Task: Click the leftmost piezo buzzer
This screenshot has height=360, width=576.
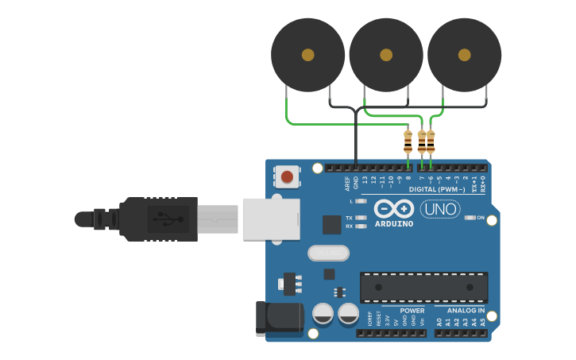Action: click(x=307, y=55)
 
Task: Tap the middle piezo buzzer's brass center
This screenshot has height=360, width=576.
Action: click(x=386, y=55)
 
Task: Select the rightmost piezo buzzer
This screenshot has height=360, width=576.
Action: click(x=464, y=55)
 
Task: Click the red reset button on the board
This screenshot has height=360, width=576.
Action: click(x=287, y=176)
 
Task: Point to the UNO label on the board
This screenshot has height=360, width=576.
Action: click(x=440, y=209)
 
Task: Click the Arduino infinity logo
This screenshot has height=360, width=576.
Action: click(x=394, y=209)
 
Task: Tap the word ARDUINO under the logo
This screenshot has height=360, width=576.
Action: click(x=394, y=224)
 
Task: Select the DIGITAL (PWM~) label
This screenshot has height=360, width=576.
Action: click(x=437, y=189)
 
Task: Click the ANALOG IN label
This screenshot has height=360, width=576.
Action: click(x=466, y=310)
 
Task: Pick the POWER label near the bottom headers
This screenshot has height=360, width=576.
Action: click(x=412, y=310)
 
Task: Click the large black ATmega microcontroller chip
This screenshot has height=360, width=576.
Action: click(x=423, y=287)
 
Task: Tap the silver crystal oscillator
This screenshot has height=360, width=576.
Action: click(x=328, y=253)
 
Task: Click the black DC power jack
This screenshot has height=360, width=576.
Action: click(x=279, y=319)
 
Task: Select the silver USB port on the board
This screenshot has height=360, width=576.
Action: click(x=271, y=219)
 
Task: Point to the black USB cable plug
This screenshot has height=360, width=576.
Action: click(x=158, y=219)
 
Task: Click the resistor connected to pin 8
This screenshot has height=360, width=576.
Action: click(x=408, y=142)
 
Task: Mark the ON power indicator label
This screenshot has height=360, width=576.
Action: click(x=481, y=217)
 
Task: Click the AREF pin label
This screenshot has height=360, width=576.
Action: click(x=347, y=184)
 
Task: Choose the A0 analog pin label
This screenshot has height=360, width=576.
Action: click(x=439, y=322)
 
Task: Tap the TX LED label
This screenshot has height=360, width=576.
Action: click(x=349, y=217)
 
